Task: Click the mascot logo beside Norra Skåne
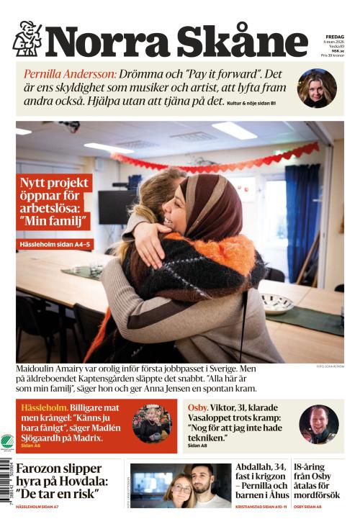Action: click(27, 39)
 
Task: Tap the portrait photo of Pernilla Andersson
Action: click(317, 88)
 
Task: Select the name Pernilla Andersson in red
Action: click(70, 74)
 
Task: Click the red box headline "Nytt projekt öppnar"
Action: click(54, 204)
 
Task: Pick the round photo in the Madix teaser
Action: click(152, 424)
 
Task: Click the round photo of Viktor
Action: click(318, 424)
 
